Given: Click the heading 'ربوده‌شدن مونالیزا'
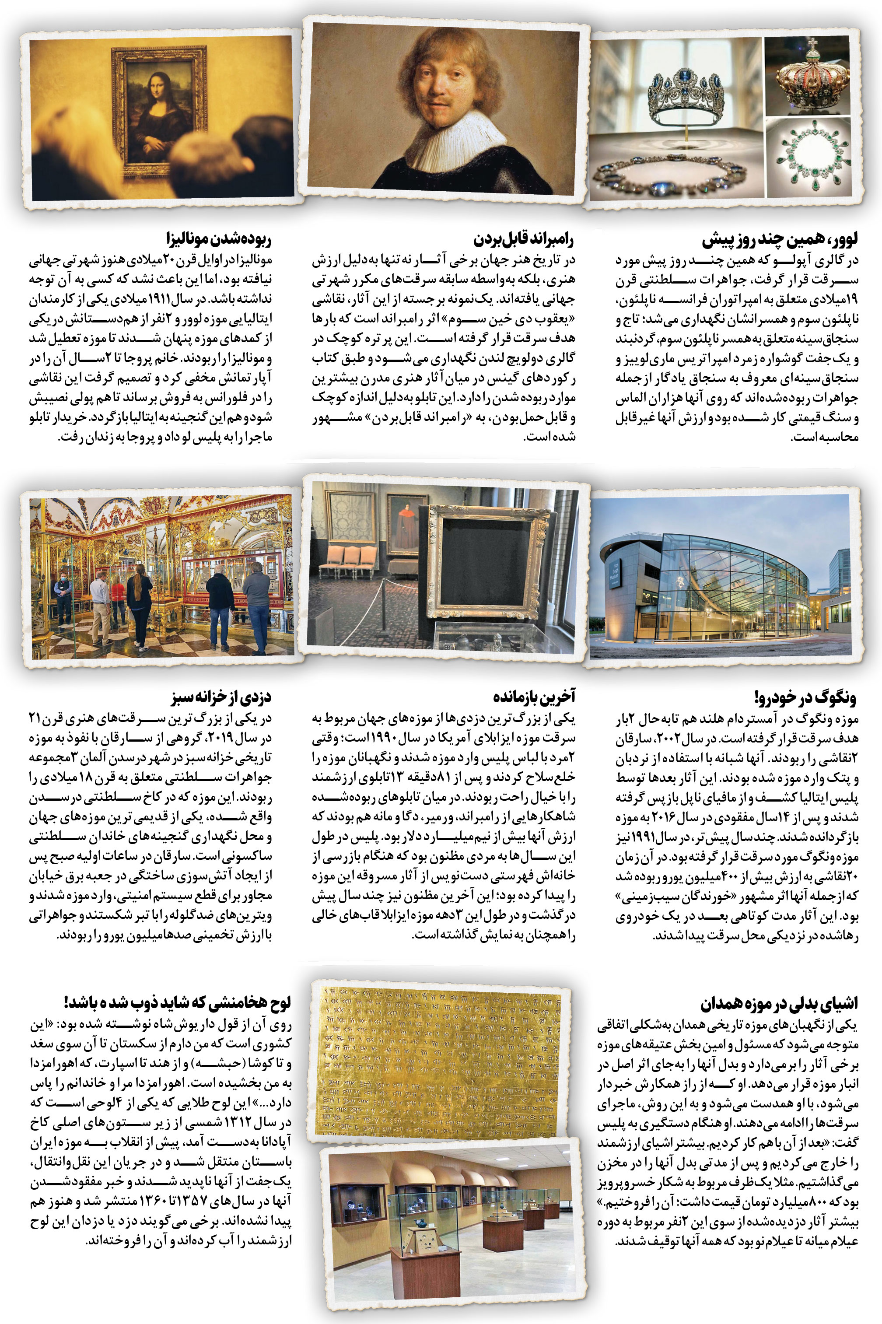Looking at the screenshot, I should [218, 239].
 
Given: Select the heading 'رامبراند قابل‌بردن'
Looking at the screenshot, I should [524, 240].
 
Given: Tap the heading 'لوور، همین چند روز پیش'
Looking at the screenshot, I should [780, 240].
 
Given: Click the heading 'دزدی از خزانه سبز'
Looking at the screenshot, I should [221, 697].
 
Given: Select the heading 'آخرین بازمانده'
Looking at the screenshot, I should [534, 697].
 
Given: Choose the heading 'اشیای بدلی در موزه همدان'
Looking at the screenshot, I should [779, 1003].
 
